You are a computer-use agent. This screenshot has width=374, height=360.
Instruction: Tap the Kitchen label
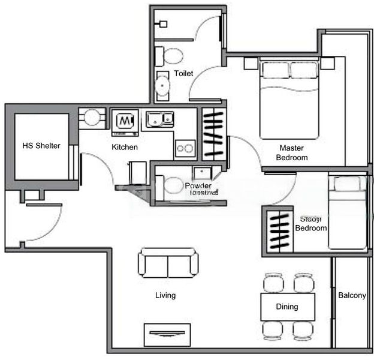point(125,147)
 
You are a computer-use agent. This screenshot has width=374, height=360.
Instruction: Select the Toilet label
point(183,74)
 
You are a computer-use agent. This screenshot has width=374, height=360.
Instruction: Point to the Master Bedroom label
point(291,153)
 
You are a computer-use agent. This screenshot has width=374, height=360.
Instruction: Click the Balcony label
point(352,295)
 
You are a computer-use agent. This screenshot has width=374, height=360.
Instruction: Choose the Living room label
point(165,295)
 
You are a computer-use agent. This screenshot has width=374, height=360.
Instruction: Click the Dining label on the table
point(286,307)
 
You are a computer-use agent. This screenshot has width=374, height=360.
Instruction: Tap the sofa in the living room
point(168,263)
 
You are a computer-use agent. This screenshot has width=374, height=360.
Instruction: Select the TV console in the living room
point(167,334)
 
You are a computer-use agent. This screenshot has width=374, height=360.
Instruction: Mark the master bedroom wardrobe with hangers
point(213,133)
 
